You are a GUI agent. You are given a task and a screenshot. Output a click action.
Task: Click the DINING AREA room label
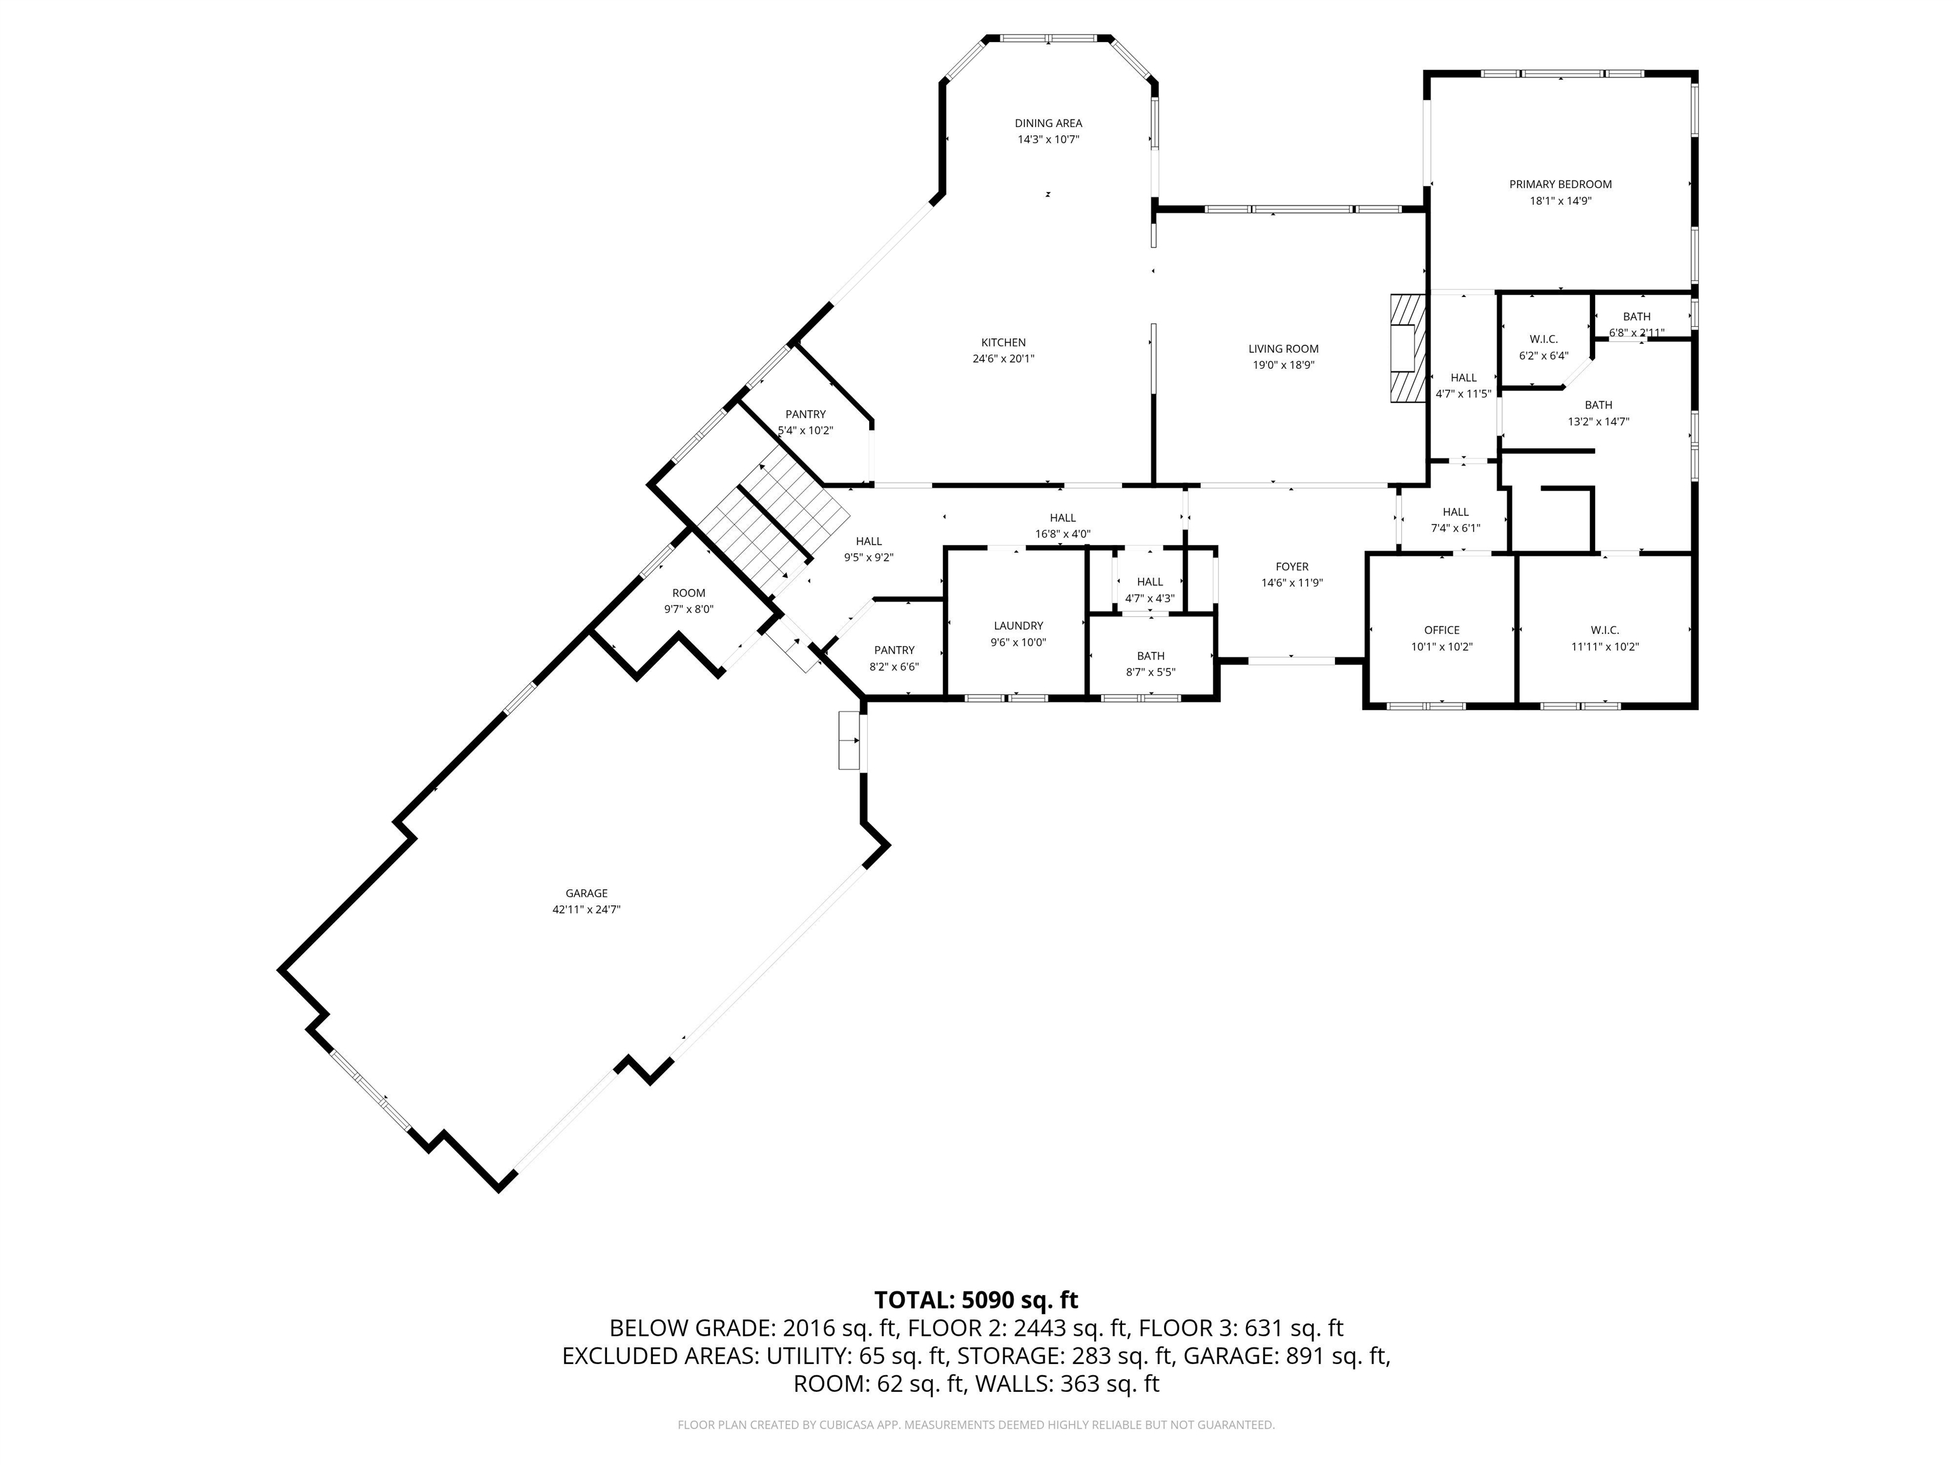(x=1048, y=123)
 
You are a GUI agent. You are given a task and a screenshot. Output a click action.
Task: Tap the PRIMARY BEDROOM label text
(x=1560, y=184)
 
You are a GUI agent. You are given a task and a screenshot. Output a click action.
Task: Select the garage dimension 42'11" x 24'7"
(x=586, y=909)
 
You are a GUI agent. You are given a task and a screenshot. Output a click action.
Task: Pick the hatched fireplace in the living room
(x=1406, y=349)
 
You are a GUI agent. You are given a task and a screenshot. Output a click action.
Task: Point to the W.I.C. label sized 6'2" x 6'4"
(x=1544, y=339)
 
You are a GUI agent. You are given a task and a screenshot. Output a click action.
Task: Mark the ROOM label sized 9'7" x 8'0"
(x=689, y=593)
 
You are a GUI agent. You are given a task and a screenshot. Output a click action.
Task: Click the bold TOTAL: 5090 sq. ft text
(x=976, y=1300)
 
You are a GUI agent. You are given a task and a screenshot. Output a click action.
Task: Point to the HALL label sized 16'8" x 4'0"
(x=1063, y=518)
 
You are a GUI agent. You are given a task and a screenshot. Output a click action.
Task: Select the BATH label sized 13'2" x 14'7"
(x=1598, y=405)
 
